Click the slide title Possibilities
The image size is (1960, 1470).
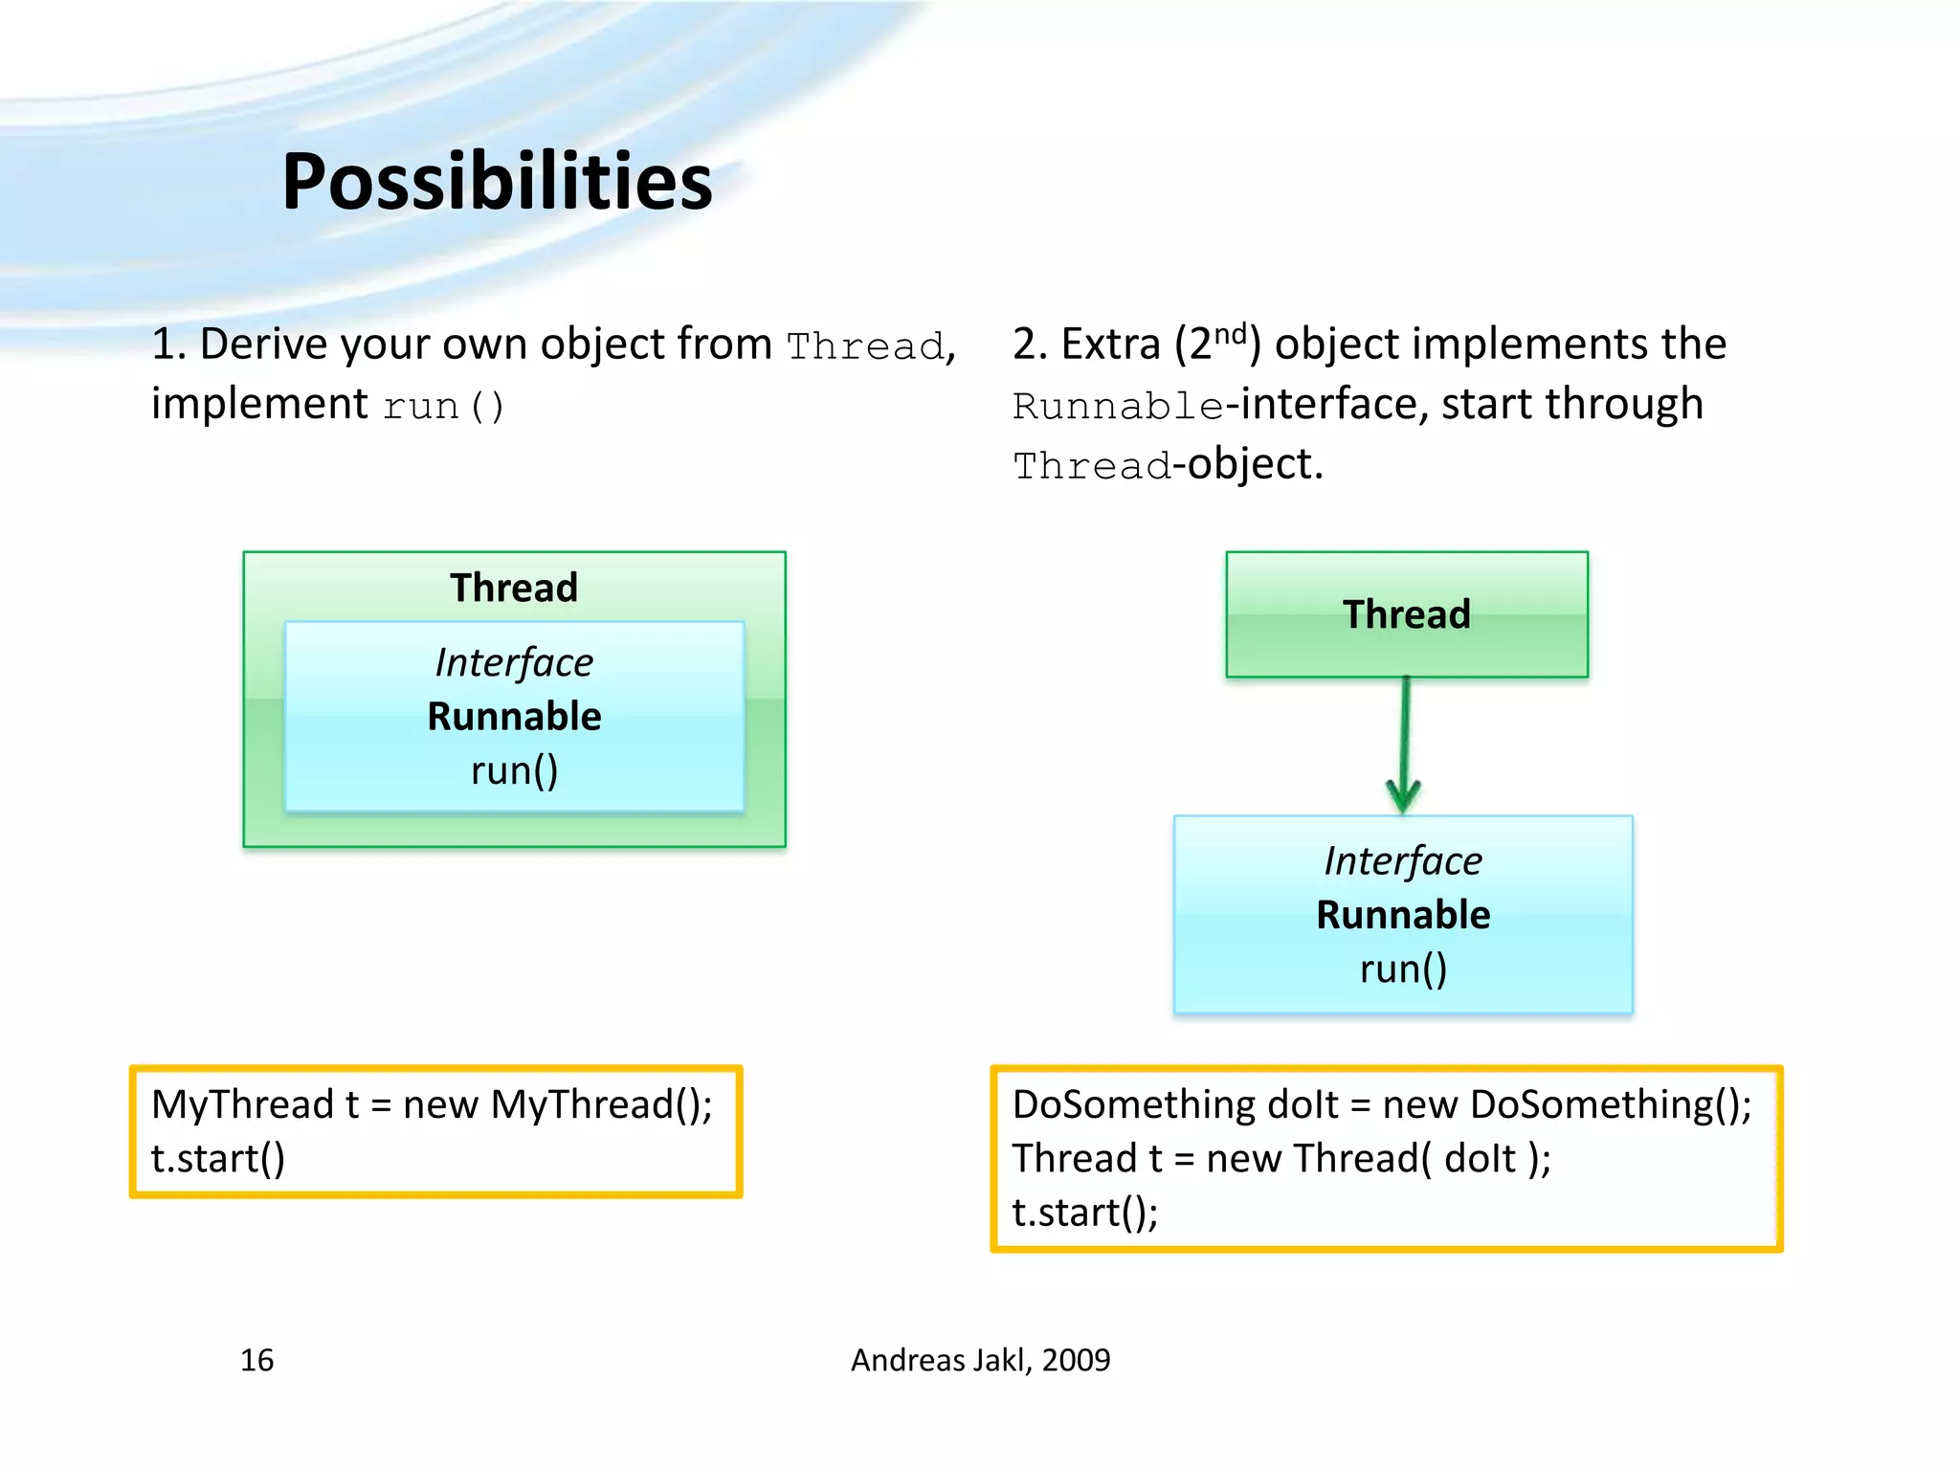pyautogui.click(x=497, y=182)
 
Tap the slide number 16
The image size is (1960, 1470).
pyautogui.click(x=256, y=1360)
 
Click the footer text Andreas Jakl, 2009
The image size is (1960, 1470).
pyautogui.click(x=980, y=1360)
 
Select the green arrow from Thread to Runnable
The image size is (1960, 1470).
pyautogui.click(x=1404, y=746)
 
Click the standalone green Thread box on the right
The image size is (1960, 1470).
pyautogui.click(x=1406, y=614)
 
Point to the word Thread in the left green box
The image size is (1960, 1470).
pyautogui.click(x=514, y=588)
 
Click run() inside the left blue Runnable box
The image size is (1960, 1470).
pyautogui.click(x=514, y=770)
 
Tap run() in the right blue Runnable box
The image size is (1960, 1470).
pyautogui.click(x=1403, y=969)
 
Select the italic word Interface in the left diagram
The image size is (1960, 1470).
pyautogui.click(x=514, y=662)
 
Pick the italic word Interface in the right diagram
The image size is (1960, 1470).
pyautogui.click(x=1403, y=860)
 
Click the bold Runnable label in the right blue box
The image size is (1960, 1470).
pyautogui.click(x=1403, y=915)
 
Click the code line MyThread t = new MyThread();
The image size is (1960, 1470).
pyautogui.click(x=432, y=1104)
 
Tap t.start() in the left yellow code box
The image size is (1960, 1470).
pyautogui.click(x=218, y=1159)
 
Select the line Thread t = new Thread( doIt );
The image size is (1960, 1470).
pyautogui.click(x=1281, y=1159)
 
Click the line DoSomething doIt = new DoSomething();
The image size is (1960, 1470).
pyautogui.click(x=1381, y=1104)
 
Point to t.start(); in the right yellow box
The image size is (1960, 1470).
pyautogui.click(x=1085, y=1213)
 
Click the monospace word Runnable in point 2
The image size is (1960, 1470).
pyautogui.click(x=1118, y=407)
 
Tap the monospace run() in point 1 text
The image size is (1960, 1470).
pyautogui.click(x=443, y=407)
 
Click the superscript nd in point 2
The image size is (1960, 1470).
pyautogui.click(x=1231, y=334)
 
